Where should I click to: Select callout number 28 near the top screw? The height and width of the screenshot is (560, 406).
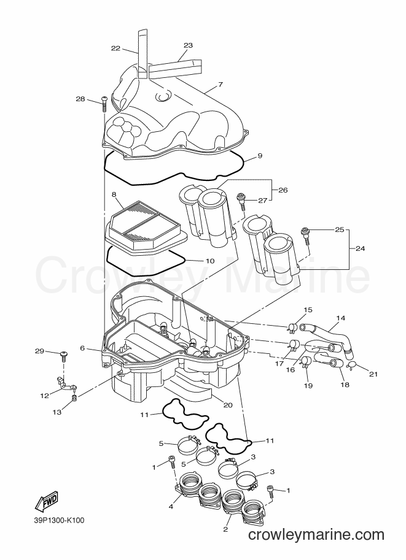80,99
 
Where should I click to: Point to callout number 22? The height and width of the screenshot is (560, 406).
115,48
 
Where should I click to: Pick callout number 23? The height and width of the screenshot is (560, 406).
188,45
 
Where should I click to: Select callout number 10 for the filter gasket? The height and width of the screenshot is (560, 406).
210,261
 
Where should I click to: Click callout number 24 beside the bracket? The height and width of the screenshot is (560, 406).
360,248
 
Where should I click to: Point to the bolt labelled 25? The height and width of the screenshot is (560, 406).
306,235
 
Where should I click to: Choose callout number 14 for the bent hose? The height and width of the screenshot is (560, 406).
340,318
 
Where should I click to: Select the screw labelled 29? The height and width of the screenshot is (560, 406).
64,355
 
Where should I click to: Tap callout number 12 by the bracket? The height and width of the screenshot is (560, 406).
45,396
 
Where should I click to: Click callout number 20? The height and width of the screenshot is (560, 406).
228,405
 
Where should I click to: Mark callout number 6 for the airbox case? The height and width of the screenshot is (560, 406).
82,348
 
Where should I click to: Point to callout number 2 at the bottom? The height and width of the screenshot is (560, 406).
225,529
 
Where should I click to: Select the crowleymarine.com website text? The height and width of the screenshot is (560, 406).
316,535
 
